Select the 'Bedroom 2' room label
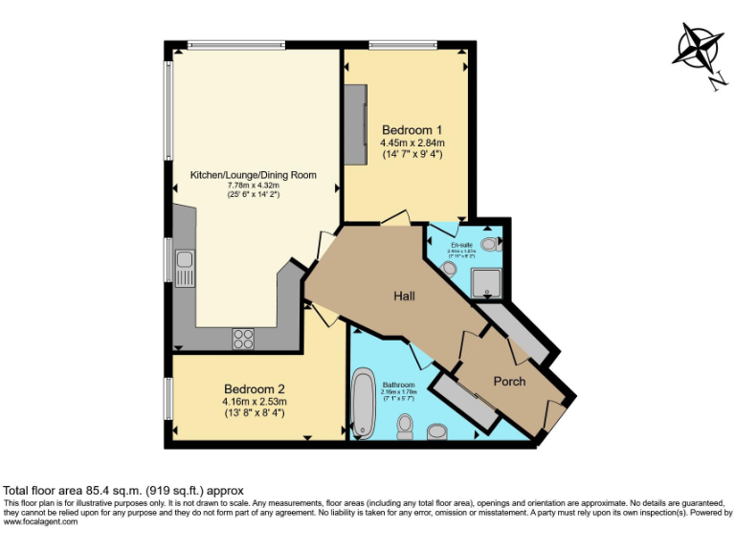coord(255,389)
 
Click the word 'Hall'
coord(404,297)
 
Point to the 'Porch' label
coord(509,381)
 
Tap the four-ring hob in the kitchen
coord(243,338)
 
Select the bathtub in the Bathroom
coord(364,403)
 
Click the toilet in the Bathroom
coord(405,432)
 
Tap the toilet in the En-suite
coord(490,245)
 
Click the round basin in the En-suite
coord(450,269)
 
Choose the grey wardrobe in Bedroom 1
coord(356,124)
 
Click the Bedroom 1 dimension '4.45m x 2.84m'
coord(412,143)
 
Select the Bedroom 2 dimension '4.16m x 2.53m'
coord(255,402)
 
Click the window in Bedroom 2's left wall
coord(168,397)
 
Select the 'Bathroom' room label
coord(397,385)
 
